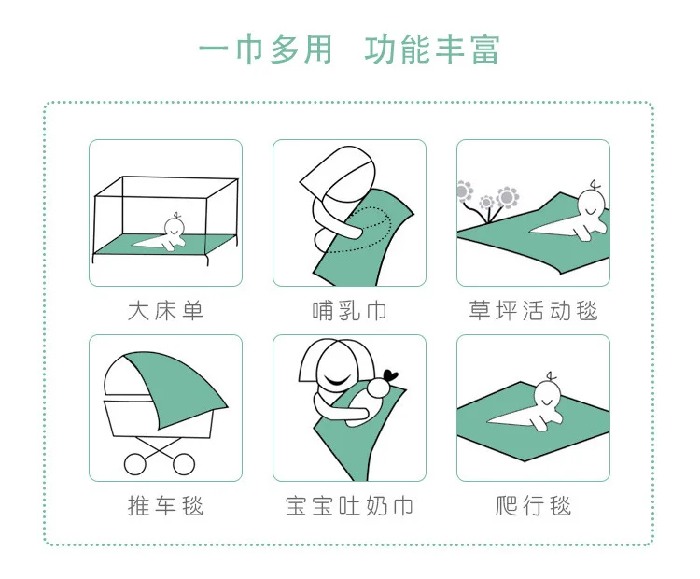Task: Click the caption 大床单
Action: click(x=165, y=311)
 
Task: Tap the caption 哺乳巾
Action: click(x=349, y=311)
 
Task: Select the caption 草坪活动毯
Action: click(x=533, y=311)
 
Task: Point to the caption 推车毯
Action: click(x=165, y=506)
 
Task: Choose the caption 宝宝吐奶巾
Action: click(x=349, y=506)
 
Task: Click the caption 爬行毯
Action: click(x=533, y=506)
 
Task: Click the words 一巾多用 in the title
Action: click(x=266, y=49)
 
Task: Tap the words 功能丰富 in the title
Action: click(x=432, y=49)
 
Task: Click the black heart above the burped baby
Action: click(x=391, y=375)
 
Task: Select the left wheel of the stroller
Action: click(x=134, y=464)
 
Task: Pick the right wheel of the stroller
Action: click(x=184, y=464)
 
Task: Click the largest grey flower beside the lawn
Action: click(x=508, y=197)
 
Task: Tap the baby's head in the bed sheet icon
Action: click(x=175, y=228)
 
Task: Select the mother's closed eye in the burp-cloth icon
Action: click(x=338, y=382)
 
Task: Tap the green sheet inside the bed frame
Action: click(x=165, y=245)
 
